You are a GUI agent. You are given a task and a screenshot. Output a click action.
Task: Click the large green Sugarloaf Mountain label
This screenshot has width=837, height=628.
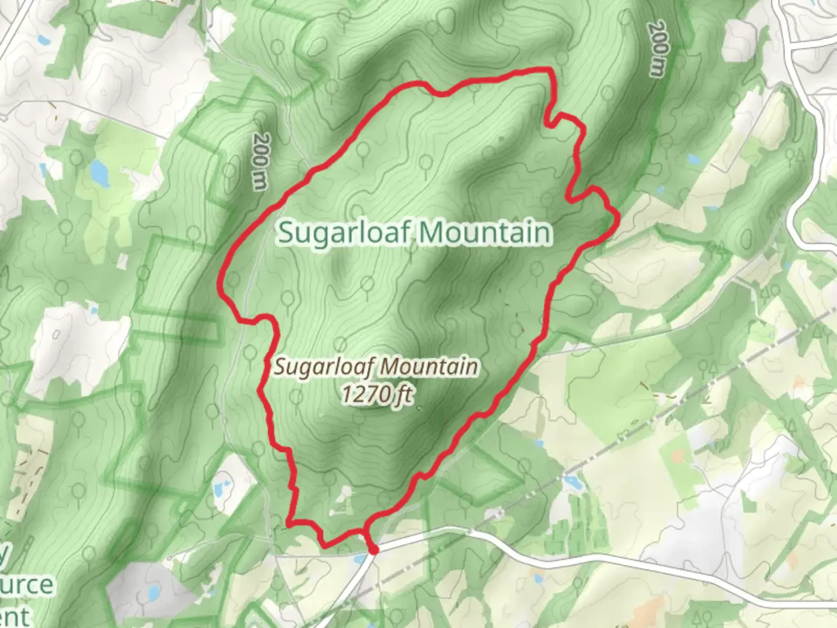(x=414, y=232)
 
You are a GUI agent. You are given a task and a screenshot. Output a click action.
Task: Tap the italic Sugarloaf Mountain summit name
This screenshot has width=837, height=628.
(x=377, y=367)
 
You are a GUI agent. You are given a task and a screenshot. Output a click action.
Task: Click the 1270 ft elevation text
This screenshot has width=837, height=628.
(x=377, y=395)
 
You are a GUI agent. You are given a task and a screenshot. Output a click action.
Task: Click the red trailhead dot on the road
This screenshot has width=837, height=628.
(x=374, y=549)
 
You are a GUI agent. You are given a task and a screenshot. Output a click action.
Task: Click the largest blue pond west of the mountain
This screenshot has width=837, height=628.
(x=98, y=171)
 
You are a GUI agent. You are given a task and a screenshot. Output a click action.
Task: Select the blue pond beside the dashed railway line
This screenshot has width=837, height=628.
(x=573, y=481)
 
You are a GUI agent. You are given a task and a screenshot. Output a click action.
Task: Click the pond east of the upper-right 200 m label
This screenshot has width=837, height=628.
(x=693, y=159)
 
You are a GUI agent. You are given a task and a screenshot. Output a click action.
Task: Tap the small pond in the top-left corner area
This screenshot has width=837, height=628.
(x=42, y=41)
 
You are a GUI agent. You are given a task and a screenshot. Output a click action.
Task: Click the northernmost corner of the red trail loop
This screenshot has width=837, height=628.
(x=548, y=70)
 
